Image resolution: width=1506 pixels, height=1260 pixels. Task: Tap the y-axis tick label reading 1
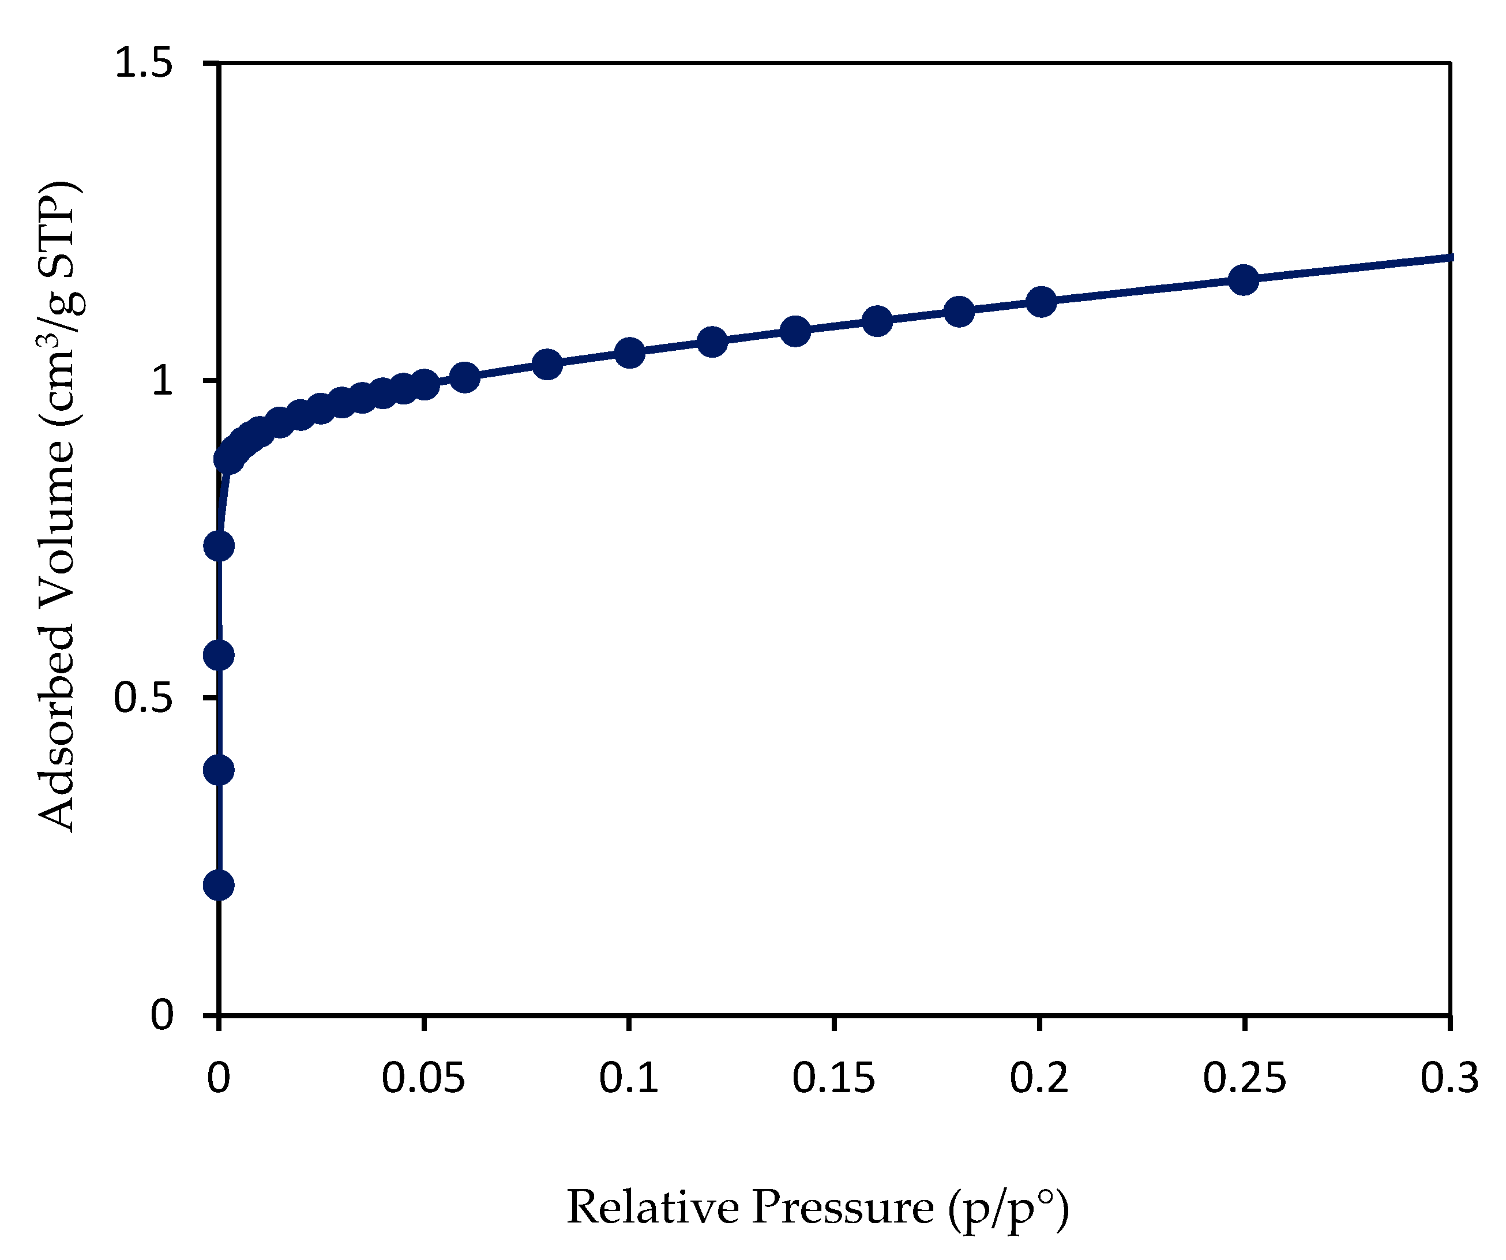point(163,380)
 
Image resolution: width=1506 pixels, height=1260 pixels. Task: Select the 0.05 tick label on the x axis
point(423,1078)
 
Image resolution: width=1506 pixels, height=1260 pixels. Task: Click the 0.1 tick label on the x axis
point(629,1078)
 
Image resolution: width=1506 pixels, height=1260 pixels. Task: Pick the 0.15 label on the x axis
point(834,1078)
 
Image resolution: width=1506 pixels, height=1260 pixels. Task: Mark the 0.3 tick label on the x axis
point(1449,1078)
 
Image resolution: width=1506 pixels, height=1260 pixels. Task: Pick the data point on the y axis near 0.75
point(219,546)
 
